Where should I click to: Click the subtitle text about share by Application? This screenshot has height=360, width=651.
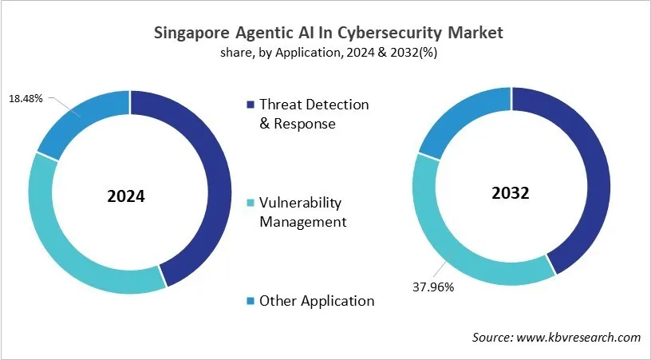[325, 53]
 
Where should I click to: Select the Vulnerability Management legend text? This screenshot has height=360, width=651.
[303, 213]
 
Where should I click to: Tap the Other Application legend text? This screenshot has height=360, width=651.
[317, 301]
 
